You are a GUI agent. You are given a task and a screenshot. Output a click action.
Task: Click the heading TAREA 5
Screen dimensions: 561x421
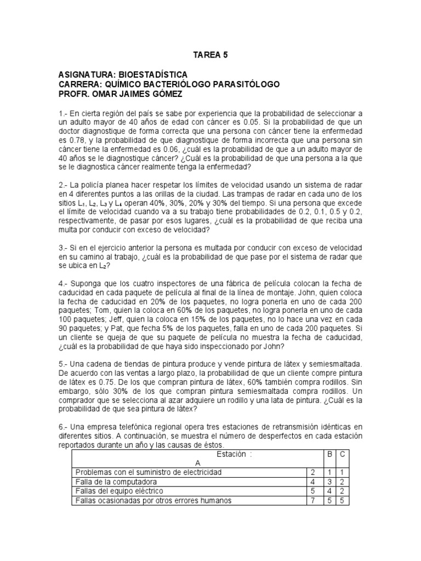(x=210, y=55)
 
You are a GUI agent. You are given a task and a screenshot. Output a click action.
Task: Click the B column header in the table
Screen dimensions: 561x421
(x=329, y=454)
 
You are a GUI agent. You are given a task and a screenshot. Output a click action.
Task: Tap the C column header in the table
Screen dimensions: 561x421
(x=343, y=454)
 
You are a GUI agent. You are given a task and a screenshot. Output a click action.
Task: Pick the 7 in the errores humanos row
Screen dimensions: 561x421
(x=312, y=500)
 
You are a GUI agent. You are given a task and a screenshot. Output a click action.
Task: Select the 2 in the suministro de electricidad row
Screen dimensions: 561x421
(x=312, y=472)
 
